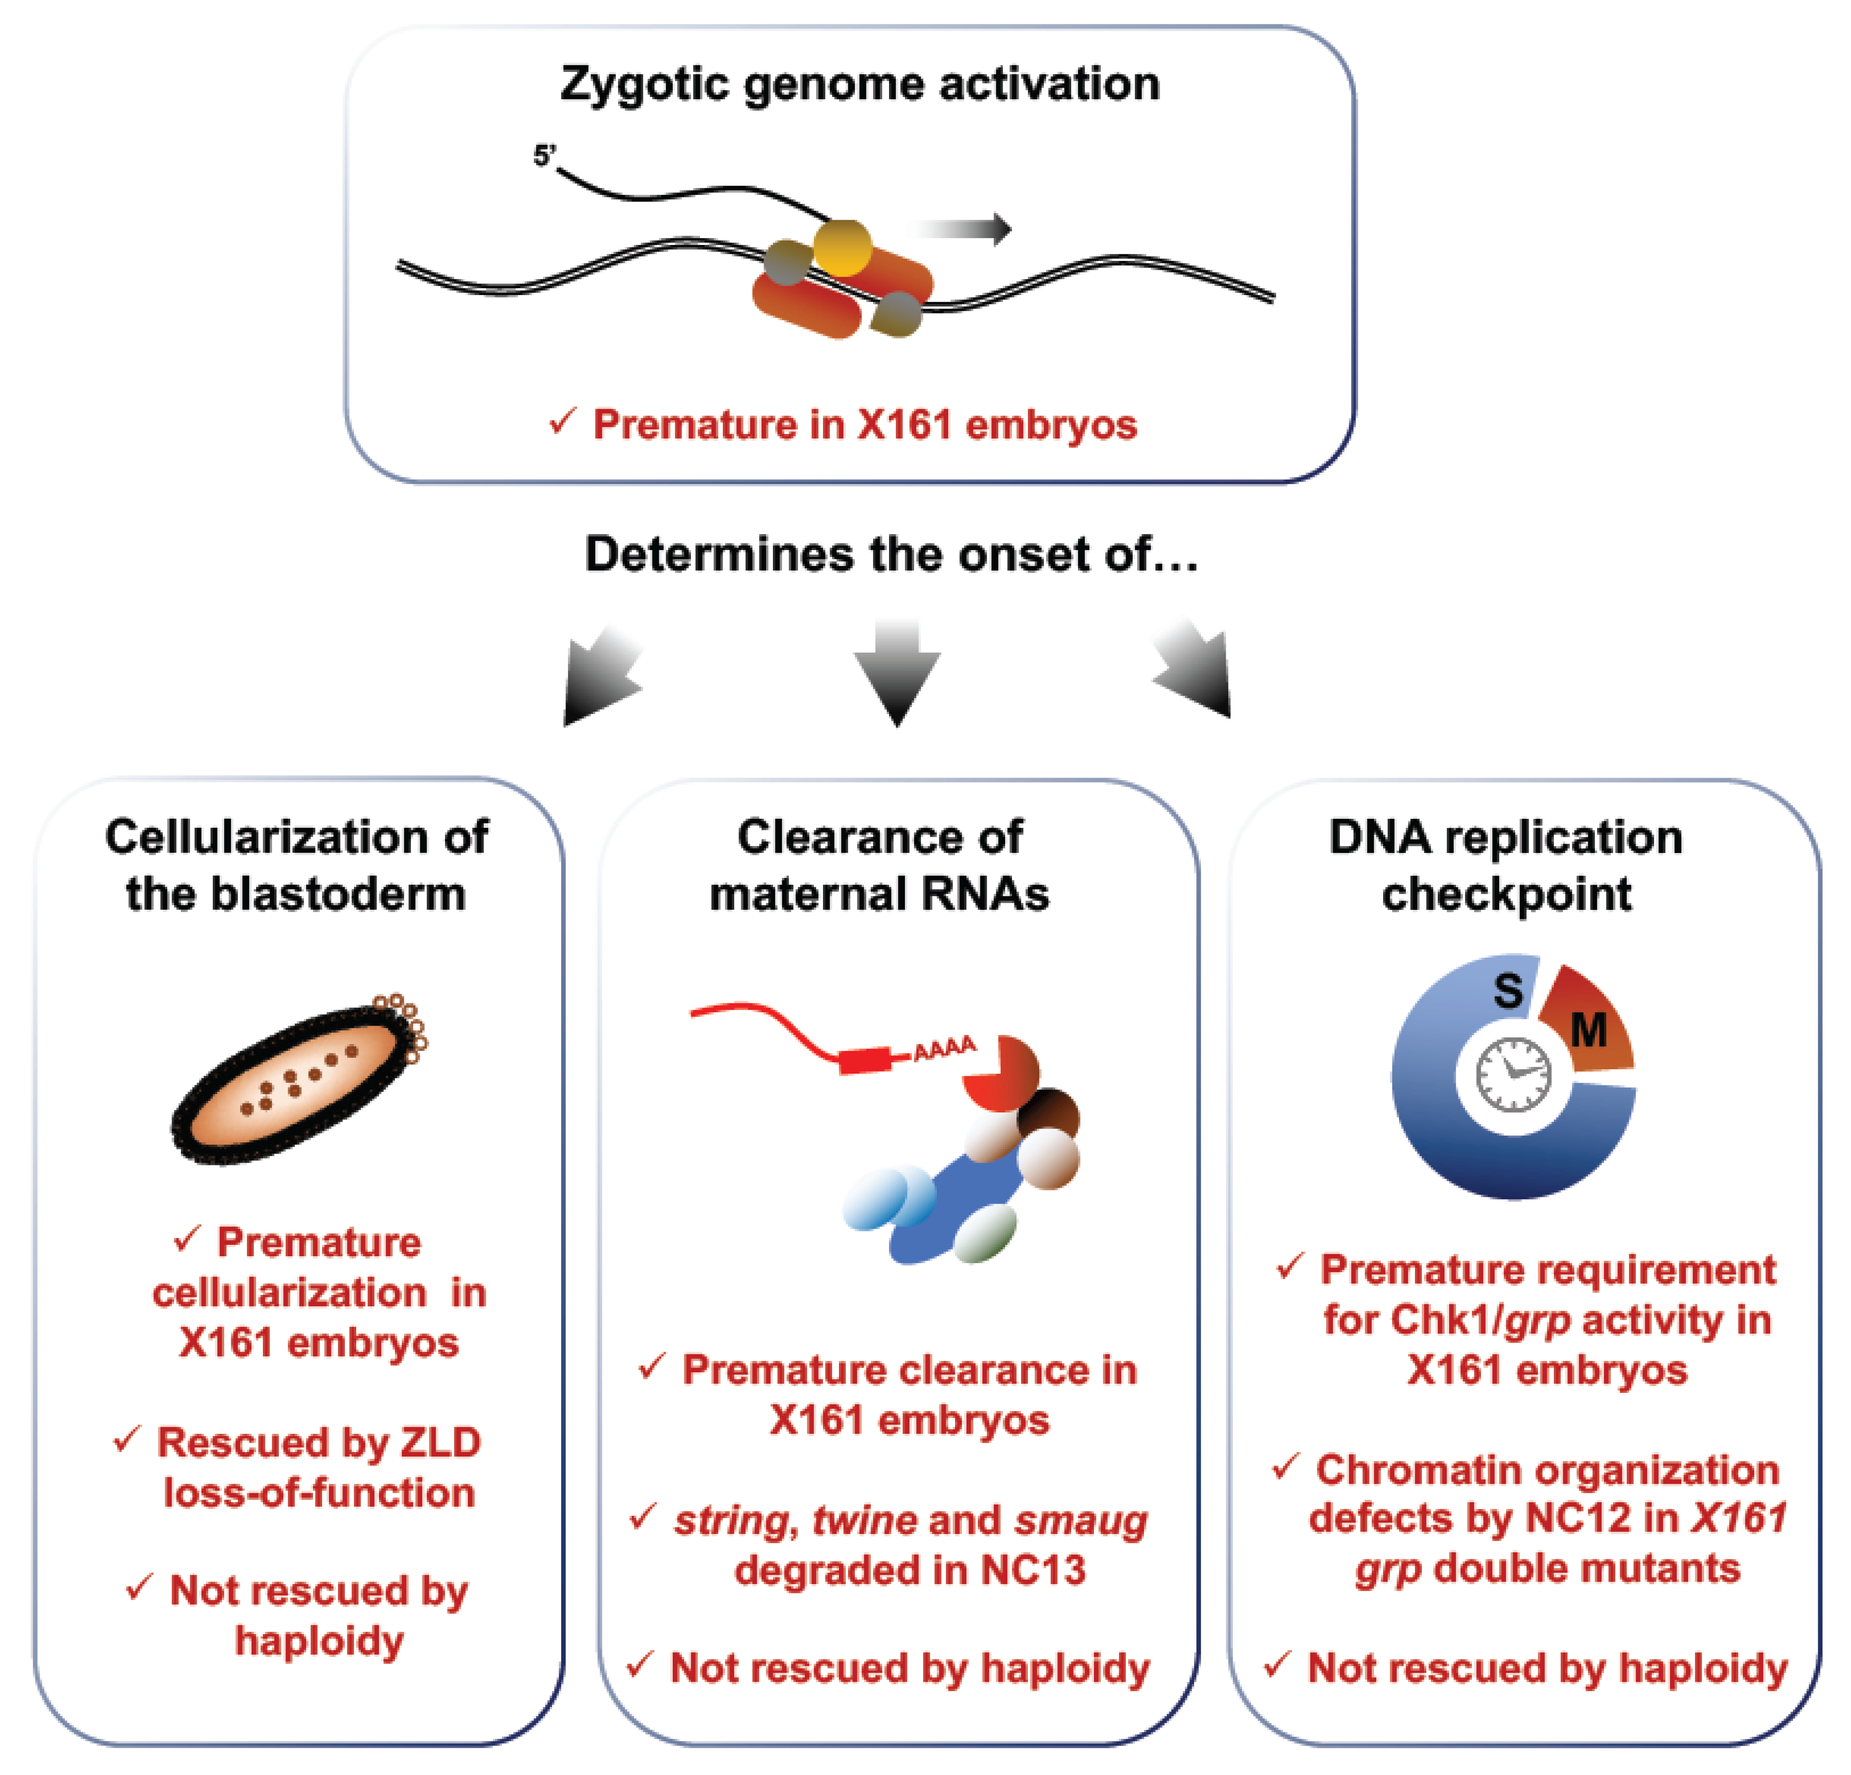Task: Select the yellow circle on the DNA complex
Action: [x=842, y=247]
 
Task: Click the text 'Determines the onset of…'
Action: [x=892, y=554]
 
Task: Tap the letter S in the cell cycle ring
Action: [x=1508, y=990]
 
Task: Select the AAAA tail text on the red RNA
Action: [x=945, y=1047]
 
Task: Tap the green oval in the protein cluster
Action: [x=985, y=1232]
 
